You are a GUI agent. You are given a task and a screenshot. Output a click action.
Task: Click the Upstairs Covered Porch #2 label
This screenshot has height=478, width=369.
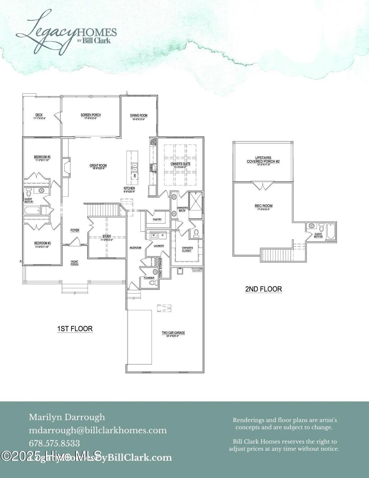[x=263, y=160]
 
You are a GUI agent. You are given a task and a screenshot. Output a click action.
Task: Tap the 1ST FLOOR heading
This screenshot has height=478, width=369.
[x=75, y=329]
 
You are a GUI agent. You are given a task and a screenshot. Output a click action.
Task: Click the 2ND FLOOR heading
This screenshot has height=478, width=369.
[x=263, y=289]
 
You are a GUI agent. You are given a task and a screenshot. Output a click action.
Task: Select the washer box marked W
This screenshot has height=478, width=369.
[x=153, y=235]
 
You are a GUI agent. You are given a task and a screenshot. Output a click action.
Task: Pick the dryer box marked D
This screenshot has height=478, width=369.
[x=162, y=235]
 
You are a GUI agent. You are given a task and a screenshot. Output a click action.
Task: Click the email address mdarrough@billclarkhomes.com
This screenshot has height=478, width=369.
[x=98, y=430]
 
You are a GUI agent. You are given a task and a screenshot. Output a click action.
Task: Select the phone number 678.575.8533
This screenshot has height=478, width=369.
[x=54, y=443]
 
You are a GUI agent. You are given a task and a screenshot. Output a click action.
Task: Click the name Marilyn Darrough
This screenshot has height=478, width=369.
[x=67, y=417]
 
